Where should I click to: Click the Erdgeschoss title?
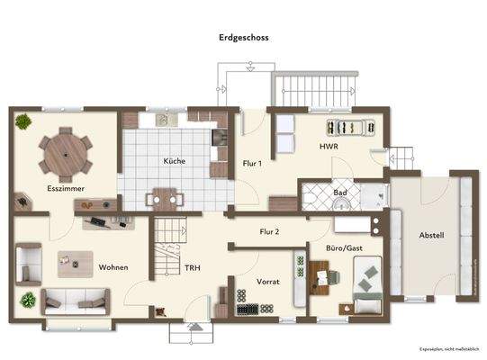click(x=243, y=39)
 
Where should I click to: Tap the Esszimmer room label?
click(x=65, y=188)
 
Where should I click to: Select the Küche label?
click(x=174, y=161)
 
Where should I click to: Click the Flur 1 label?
click(x=252, y=164)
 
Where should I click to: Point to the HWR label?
click(x=328, y=146)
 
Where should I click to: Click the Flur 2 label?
click(x=269, y=232)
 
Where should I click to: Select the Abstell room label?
click(x=431, y=235)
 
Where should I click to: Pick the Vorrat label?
click(x=268, y=282)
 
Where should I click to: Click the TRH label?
click(x=193, y=267)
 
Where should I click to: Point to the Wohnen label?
click(x=113, y=267)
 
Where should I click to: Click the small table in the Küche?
click(x=164, y=197)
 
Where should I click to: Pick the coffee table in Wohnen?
click(x=69, y=261)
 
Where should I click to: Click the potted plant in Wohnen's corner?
click(x=27, y=299)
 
